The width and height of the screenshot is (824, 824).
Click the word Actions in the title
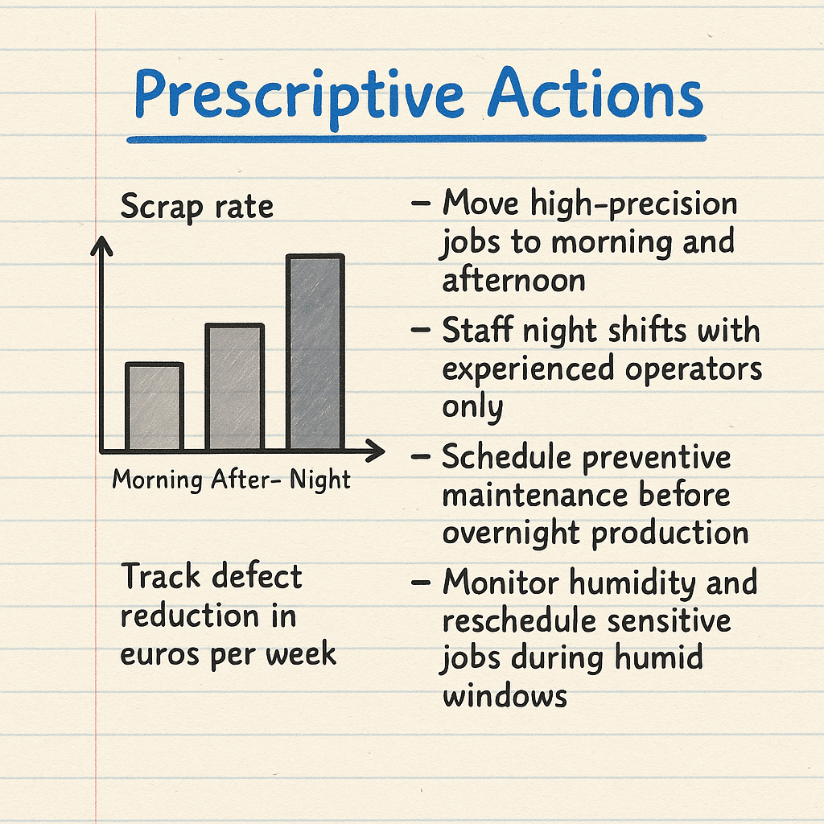click(595, 92)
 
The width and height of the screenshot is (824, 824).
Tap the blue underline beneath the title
click(416, 138)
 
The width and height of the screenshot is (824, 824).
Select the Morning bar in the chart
click(154, 406)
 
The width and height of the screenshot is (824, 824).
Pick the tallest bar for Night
click(315, 352)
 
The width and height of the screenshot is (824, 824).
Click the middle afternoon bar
click(234, 387)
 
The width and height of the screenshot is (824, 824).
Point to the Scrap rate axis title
click(197, 207)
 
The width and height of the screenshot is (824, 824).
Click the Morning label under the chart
click(158, 480)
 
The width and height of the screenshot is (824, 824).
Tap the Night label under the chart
click(320, 480)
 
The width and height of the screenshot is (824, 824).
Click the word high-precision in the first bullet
click(634, 204)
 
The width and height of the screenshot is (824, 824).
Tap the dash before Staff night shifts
click(420, 330)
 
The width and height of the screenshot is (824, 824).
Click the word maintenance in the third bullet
click(535, 496)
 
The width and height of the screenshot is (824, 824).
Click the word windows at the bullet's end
click(505, 696)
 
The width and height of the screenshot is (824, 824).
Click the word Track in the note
click(161, 576)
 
